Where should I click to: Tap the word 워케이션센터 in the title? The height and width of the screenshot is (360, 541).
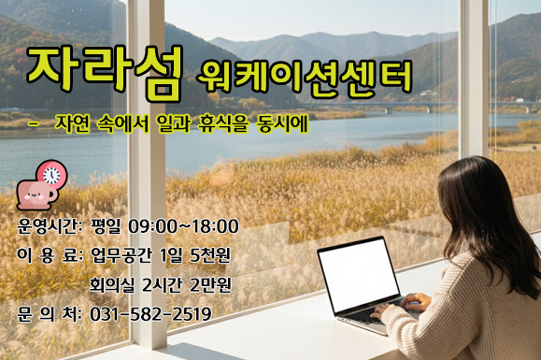306,77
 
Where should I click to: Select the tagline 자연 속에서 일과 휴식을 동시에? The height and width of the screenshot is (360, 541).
181,124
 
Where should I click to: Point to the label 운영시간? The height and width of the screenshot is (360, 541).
49,226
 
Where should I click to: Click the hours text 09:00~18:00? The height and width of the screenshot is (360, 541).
185,226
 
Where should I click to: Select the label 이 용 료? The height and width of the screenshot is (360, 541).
49,255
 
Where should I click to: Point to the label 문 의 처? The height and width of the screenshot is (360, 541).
49,313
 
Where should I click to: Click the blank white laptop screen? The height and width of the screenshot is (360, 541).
358,273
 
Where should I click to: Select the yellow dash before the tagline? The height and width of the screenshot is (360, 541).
35,122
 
